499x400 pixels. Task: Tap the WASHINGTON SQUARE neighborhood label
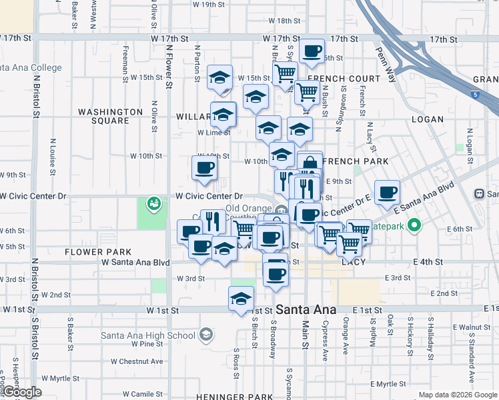(x=103, y=116)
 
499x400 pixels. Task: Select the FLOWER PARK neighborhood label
(x=99, y=252)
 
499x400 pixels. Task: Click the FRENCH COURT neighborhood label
(x=344, y=79)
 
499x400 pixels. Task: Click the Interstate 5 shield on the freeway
(x=474, y=95)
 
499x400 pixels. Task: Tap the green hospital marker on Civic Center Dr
(x=154, y=201)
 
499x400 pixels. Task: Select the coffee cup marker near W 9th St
(x=204, y=167)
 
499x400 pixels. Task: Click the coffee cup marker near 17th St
(x=312, y=51)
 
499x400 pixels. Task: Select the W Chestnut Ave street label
(x=137, y=361)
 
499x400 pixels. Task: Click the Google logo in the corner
(x=22, y=392)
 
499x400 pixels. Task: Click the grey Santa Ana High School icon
(x=207, y=335)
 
